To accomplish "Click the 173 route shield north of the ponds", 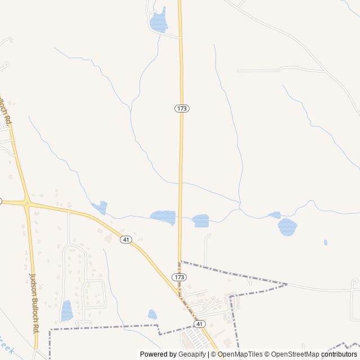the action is tap(181, 108).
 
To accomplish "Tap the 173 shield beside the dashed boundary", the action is tap(179, 277).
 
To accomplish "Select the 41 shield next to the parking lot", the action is tap(199, 324).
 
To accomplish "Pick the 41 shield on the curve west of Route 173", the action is tap(125, 240).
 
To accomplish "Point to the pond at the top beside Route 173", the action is tap(159, 21).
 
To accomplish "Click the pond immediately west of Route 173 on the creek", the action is tap(163, 216).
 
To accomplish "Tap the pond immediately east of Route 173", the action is tap(200, 220).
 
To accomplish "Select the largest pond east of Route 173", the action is tap(287, 227).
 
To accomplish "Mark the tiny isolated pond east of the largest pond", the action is tap(325, 242).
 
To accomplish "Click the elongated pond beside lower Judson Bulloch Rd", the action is tap(67, 310).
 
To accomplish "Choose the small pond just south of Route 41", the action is tap(152, 314).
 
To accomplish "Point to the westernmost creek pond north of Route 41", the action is tap(100, 208).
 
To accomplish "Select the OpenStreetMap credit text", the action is tap(292, 354).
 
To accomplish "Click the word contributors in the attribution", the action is tap(339, 354).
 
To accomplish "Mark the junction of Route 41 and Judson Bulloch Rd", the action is tap(26, 202).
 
